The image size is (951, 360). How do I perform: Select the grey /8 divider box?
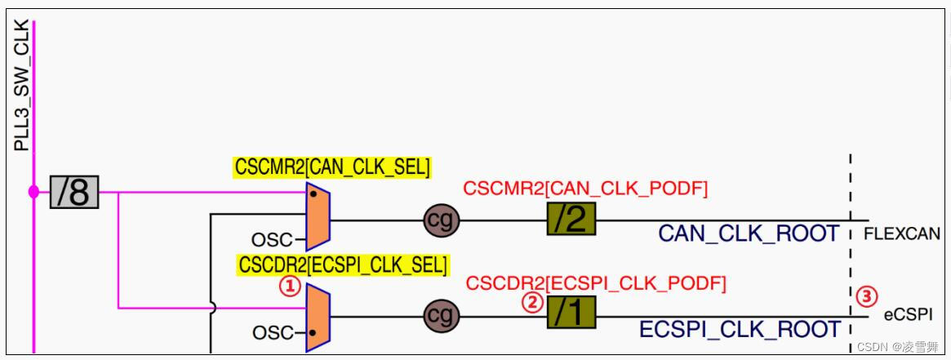click(73, 193)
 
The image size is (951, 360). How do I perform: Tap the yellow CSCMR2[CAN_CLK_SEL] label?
click(332, 167)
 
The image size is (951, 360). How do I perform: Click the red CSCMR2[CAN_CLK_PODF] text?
click(585, 189)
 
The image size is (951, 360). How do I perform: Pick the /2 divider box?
click(571, 220)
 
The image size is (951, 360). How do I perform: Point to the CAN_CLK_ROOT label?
click(749, 234)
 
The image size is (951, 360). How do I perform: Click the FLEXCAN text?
click(901, 235)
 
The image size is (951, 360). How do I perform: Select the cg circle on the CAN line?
click(442, 220)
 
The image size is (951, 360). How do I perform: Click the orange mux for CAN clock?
click(318, 217)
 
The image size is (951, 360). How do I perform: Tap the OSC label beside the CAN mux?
click(271, 240)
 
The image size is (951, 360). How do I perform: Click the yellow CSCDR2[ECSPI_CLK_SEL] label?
click(342, 265)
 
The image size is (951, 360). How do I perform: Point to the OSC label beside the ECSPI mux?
click(271, 333)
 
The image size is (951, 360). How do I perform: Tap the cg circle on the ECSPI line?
click(442, 316)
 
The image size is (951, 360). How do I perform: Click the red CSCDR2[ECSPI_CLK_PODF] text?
click(595, 283)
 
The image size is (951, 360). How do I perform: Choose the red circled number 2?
click(532, 303)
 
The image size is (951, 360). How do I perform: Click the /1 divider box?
click(571, 313)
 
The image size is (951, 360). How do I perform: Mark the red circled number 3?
click(867, 298)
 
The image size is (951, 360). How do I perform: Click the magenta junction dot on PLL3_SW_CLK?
click(33, 193)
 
